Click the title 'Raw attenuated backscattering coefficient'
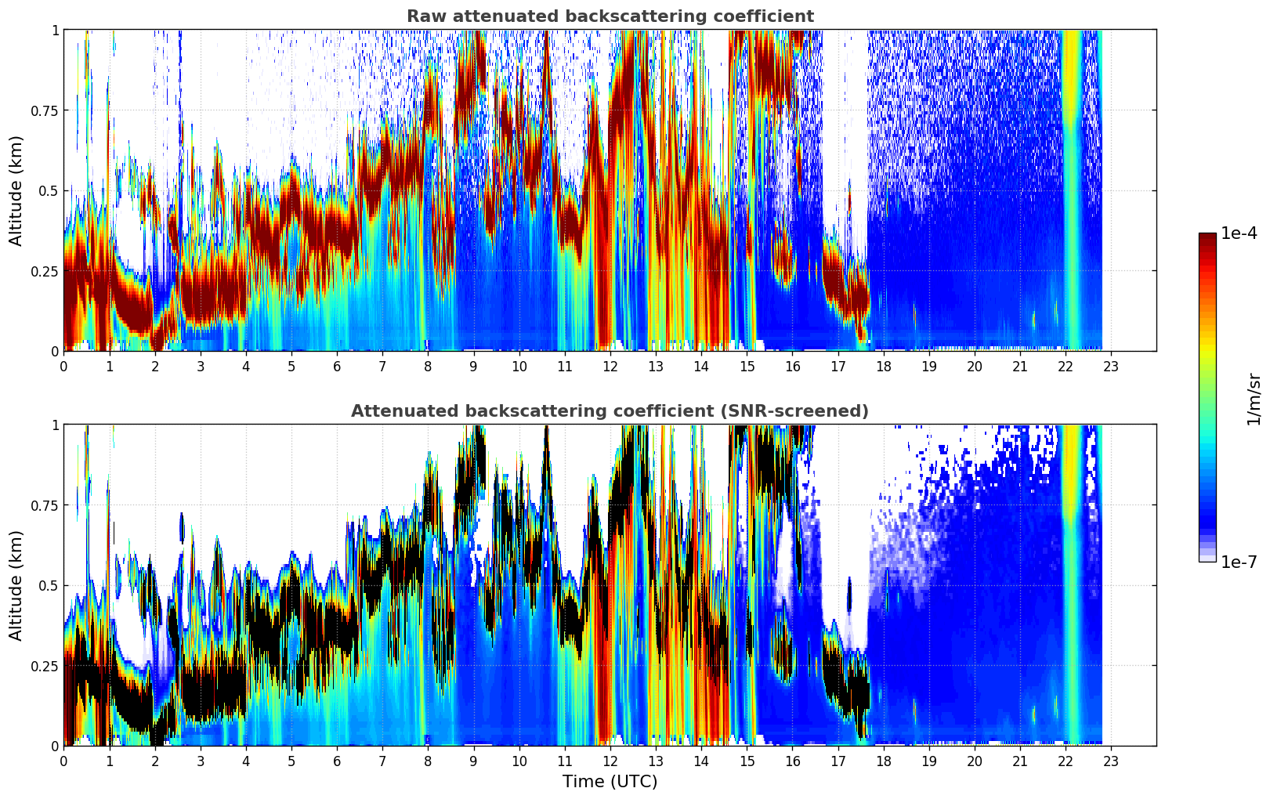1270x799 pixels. point(610,16)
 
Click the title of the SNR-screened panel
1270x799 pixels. point(610,411)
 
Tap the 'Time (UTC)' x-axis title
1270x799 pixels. point(610,782)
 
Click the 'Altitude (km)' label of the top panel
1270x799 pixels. point(16,190)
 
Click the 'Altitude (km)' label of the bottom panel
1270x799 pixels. point(16,585)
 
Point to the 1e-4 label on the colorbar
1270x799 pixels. point(1239,234)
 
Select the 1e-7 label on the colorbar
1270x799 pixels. point(1239,562)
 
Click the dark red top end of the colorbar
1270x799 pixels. point(1207,237)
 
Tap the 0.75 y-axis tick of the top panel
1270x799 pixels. point(45,110)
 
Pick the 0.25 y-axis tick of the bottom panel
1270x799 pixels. point(45,666)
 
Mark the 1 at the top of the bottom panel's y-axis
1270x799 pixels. point(55,425)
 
